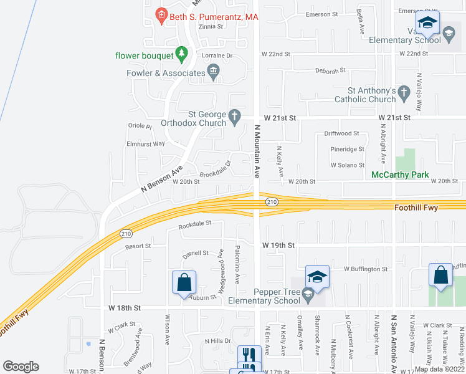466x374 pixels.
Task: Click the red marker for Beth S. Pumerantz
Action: pyautogui.click(x=161, y=14)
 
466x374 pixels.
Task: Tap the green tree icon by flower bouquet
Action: pyautogui.click(x=181, y=54)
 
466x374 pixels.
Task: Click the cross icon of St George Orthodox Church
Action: pyautogui.click(x=234, y=116)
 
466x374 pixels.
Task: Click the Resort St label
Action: pyautogui.click(x=138, y=246)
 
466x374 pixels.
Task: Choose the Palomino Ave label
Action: pyautogui.click(x=237, y=265)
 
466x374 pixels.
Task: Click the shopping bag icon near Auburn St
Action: pyautogui.click(x=184, y=282)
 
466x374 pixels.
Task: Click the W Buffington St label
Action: pyautogui.click(x=366, y=269)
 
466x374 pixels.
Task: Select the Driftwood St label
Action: pyautogui.click(x=341, y=133)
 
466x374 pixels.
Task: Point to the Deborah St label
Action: pyautogui.click(x=330, y=71)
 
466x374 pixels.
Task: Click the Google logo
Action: pyautogui.click(x=21, y=367)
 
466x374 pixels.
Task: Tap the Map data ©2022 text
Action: pyautogui.click(x=438, y=369)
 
